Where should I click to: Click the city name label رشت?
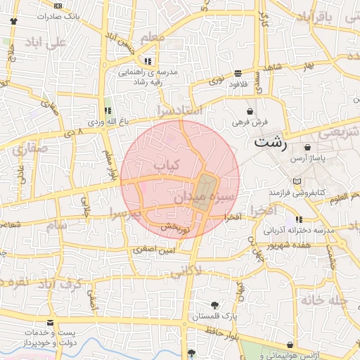(271, 141)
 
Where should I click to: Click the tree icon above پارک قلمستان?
(214, 305)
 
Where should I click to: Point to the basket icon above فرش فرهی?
(250, 111)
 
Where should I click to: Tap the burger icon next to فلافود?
(238, 72)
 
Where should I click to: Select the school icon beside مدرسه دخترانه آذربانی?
(300, 219)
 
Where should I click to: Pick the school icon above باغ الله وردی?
(108, 110)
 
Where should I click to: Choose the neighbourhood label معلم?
(153, 37)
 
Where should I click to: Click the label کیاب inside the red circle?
(167, 165)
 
